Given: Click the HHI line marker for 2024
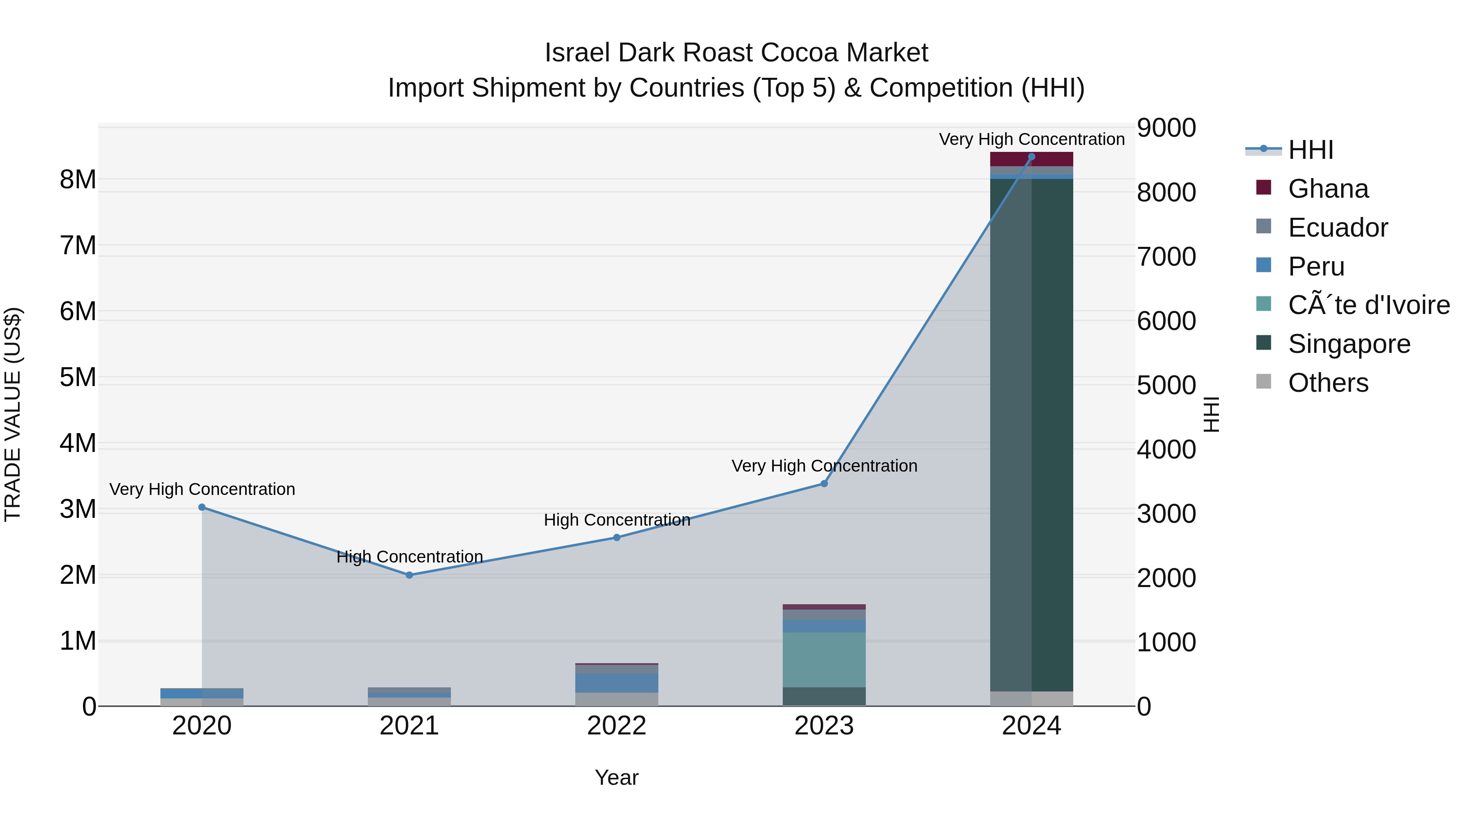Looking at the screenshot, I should pos(1031,156).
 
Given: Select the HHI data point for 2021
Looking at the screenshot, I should pos(410,575).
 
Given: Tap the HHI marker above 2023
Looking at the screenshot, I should pos(824,483).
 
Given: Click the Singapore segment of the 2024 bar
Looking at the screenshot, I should pos(1031,435).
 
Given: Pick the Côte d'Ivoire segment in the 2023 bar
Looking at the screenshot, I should pos(824,659).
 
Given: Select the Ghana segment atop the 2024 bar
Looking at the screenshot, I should pos(1031,159).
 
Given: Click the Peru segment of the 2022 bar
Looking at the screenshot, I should pos(617,682).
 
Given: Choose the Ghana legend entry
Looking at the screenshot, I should pos(1328,189).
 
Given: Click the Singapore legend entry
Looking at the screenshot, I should pos(1349,344).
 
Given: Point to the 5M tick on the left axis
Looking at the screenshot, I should pos(78,377).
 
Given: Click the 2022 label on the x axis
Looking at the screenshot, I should pos(617,726).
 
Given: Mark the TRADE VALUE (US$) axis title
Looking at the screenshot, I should pos(13,414).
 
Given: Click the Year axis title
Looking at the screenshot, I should pos(617,777).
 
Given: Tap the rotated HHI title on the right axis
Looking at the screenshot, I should pos(1211,414).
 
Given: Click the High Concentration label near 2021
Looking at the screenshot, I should pos(410,557).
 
